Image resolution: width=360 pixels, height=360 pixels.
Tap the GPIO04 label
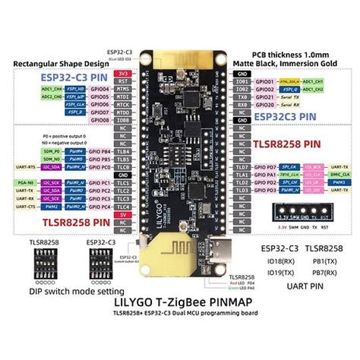[x=99, y=88]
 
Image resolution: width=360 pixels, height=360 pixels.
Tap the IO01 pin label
[x=242, y=80]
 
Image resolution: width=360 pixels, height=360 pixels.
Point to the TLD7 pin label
[x=242, y=166]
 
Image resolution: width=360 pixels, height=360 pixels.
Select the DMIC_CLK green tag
[x=334, y=175]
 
